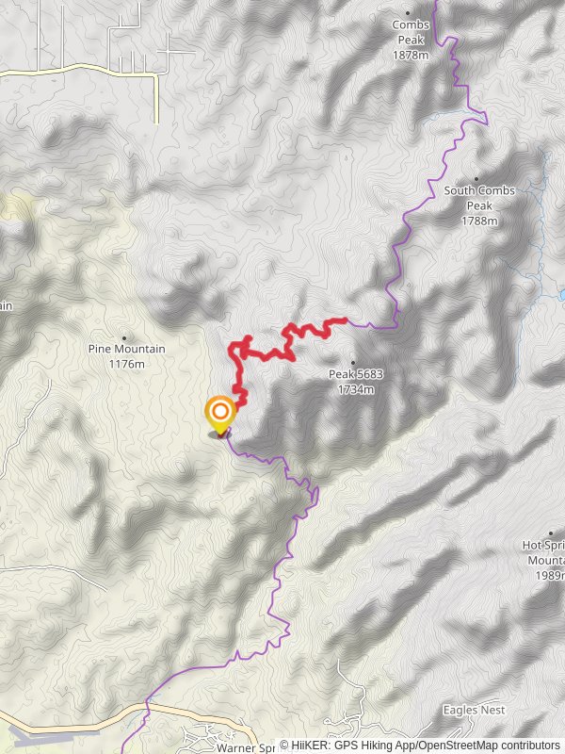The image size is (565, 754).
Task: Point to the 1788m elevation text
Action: (x=479, y=221)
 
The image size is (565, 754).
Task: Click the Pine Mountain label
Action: (x=126, y=350)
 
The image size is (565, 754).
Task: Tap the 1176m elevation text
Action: (x=126, y=364)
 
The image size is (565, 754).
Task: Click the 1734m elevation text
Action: (x=355, y=387)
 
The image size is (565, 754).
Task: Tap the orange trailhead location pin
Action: (x=219, y=414)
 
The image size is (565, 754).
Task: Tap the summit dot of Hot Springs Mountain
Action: (x=551, y=533)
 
